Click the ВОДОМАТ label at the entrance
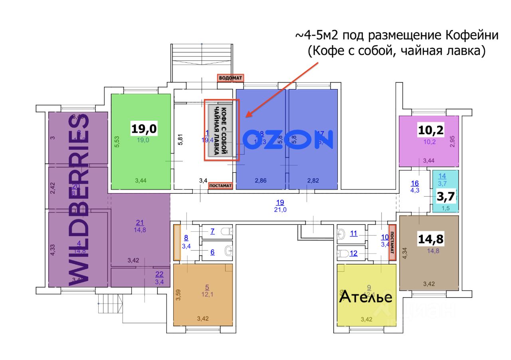230,78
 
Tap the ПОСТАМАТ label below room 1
220,185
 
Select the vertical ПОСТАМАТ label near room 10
392,243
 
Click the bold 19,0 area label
145,129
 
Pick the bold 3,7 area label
445,197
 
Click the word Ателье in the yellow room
365,297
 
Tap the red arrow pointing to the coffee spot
282,90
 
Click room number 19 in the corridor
280,202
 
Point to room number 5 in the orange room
207,287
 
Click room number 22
159,274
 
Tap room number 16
415,183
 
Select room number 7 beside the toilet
212,231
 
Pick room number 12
354,253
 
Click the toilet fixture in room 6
229,251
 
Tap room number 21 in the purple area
140,223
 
